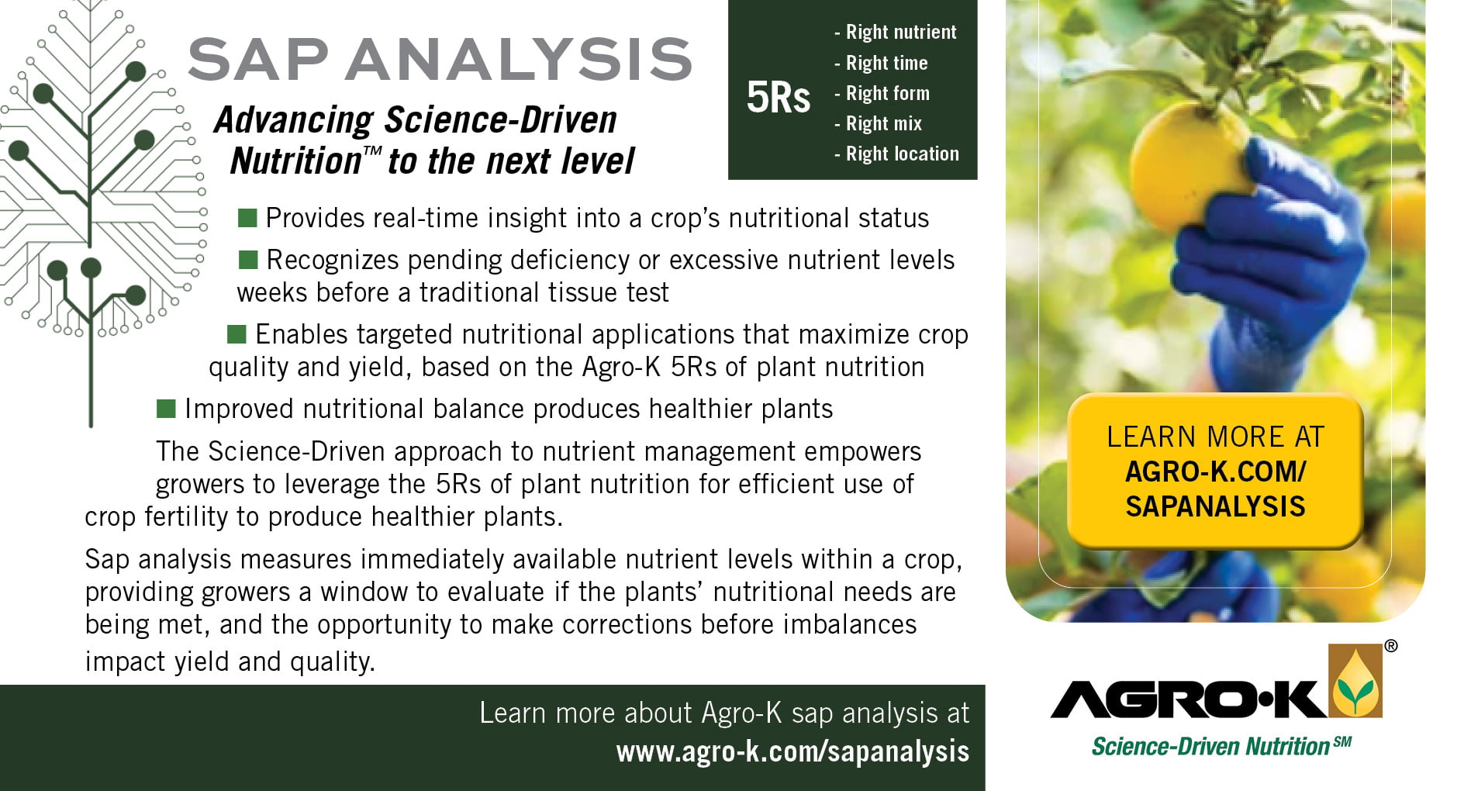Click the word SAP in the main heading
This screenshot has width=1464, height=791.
(x=257, y=59)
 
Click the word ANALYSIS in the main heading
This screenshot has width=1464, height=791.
(x=519, y=59)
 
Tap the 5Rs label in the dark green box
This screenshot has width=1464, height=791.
(x=778, y=98)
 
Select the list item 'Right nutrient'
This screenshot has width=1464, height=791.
(x=896, y=32)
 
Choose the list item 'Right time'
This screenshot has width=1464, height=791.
(x=881, y=63)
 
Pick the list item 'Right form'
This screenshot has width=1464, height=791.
(x=882, y=93)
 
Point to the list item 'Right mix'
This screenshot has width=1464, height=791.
(x=879, y=123)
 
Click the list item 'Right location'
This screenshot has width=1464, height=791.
(x=897, y=154)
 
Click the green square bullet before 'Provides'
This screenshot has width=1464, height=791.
(x=247, y=218)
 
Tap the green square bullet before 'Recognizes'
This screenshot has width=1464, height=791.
(x=248, y=259)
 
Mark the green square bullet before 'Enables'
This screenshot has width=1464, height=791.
(x=237, y=334)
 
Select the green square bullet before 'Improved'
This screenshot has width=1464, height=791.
(x=166, y=409)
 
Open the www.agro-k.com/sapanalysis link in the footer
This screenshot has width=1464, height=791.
(x=792, y=751)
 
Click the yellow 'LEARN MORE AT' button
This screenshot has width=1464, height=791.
(x=1215, y=471)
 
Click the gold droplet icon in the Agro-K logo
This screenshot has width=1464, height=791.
(x=1355, y=682)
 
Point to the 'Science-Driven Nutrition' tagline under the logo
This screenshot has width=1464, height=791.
(x=1221, y=746)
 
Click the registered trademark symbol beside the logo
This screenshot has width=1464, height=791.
(x=1391, y=647)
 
